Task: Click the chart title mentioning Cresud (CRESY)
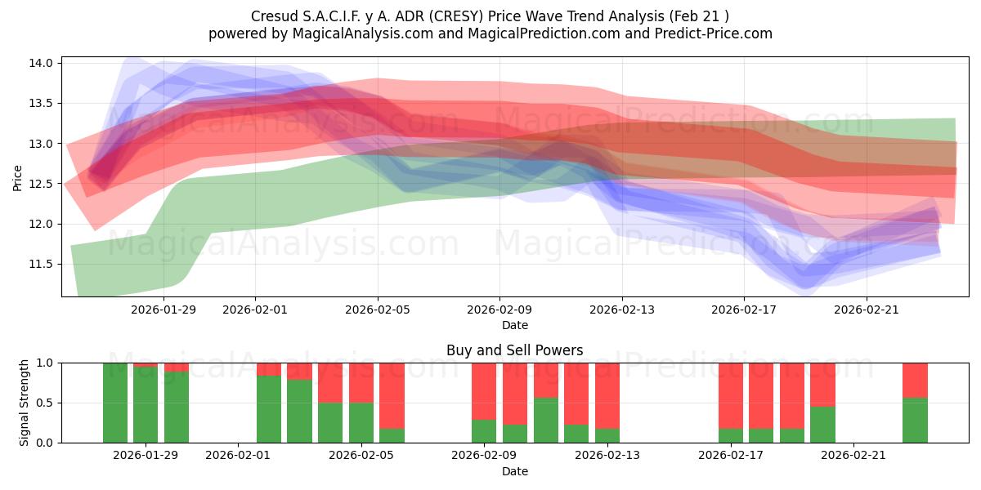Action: [490, 16]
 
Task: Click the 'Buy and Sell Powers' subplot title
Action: [514, 350]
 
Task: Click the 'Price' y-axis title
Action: [18, 176]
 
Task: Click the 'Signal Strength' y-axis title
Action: [25, 403]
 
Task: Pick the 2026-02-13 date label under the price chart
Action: [622, 309]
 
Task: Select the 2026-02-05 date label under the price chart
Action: [377, 309]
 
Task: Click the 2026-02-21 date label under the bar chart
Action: [853, 455]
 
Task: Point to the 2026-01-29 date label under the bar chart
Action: [146, 455]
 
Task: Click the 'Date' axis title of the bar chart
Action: [514, 471]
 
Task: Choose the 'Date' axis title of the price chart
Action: [514, 325]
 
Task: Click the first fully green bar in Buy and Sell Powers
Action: [115, 403]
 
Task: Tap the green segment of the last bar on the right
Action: [915, 421]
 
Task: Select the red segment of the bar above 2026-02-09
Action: [484, 391]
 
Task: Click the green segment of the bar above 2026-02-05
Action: [361, 422]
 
